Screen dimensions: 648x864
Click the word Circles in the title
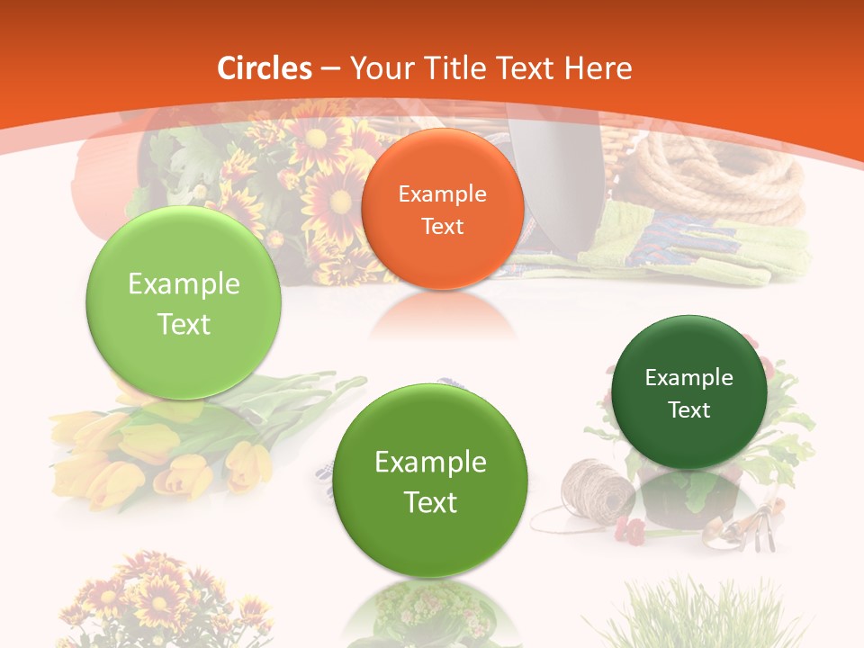[264, 68]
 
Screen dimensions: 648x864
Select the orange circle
[442, 210]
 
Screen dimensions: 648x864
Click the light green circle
[184, 303]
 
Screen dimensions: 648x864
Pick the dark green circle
[688, 392]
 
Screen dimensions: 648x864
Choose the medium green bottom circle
[430, 481]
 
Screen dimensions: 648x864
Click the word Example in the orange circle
[442, 193]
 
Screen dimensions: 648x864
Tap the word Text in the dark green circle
[689, 410]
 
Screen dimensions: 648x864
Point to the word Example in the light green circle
[184, 284]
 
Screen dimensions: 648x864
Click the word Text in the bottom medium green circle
[430, 502]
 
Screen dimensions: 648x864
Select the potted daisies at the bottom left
[135, 598]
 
